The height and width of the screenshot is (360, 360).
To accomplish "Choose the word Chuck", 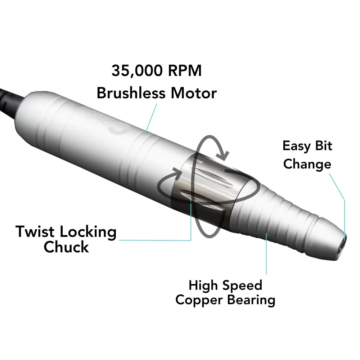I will pyautogui.click(x=66, y=247).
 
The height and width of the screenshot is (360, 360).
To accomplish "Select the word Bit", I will pyautogui.click(x=324, y=146).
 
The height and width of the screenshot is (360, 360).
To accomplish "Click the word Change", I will pyautogui.click(x=307, y=165).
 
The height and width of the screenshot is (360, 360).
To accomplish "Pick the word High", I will pyautogui.click(x=203, y=285).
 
